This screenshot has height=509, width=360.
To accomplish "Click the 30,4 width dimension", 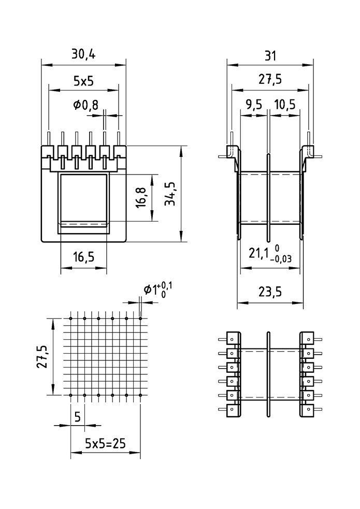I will click(x=83, y=54).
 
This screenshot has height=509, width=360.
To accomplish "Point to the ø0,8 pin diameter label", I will click(x=85, y=105).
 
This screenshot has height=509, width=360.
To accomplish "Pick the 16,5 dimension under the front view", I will click(x=83, y=257).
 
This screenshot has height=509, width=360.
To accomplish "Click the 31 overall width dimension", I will click(x=270, y=55).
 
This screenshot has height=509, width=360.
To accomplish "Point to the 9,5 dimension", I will click(x=253, y=105).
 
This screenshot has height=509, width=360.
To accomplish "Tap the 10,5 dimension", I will click(x=284, y=105).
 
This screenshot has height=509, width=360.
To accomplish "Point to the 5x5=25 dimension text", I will click(x=106, y=443).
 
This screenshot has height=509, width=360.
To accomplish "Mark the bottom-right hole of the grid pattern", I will click(x=140, y=395).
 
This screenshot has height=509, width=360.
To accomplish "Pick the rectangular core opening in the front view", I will click(x=83, y=201).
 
